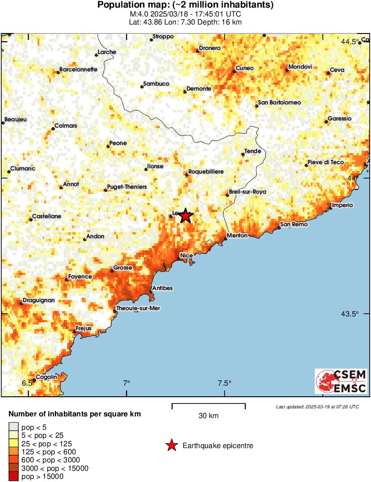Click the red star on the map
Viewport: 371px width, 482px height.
[186, 216]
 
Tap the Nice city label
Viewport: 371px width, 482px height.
[186, 255]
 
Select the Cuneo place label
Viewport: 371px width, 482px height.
[244, 68]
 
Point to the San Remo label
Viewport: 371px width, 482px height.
[294, 224]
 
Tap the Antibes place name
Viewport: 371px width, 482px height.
[163, 288]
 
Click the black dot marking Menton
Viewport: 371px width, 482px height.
[225, 239]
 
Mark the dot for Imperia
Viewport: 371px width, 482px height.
[330, 209]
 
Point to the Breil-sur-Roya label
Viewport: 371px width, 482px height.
[247, 192]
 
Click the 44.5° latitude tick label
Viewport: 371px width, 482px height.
[350, 42]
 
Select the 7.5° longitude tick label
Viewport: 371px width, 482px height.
[225, 383]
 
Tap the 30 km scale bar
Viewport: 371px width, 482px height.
[208, 406]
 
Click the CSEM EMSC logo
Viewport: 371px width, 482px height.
[342, 381]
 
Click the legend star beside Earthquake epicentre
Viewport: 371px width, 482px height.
[171, 445]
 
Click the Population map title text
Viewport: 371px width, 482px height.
[185, 5]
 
